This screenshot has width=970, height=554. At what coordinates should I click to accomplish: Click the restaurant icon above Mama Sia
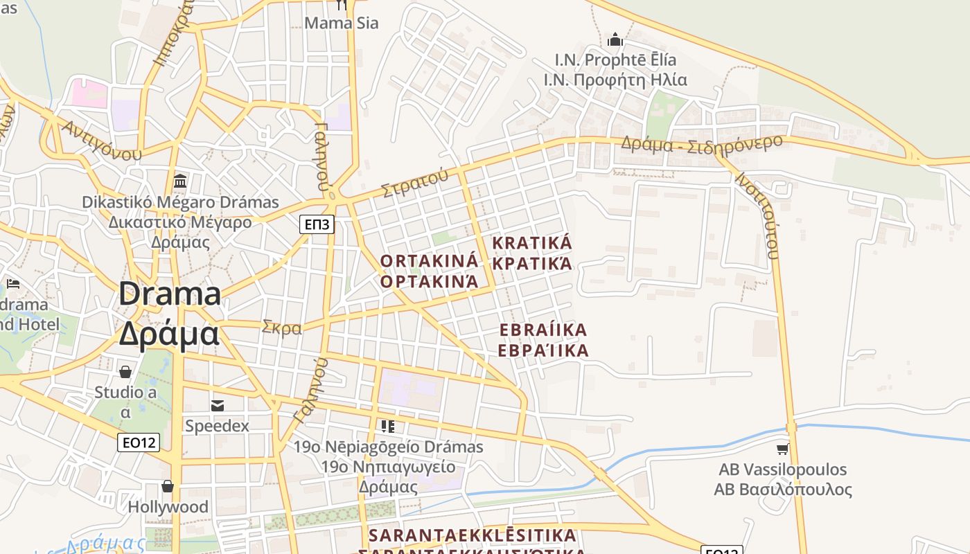(x=341, y=5)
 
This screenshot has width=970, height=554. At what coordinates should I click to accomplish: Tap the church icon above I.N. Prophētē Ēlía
(x=615, y=39)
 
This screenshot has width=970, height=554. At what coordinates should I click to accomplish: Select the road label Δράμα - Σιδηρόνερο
(x=701, y=143)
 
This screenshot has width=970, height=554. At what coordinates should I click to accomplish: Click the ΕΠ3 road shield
(x=317, y=224)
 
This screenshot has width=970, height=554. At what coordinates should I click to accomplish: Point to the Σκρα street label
(x=282, y=328)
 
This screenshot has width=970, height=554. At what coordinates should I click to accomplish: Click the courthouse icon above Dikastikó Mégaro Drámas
(x=181, y=181)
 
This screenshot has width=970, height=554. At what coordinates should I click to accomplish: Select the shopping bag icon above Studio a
(x=125, y=372)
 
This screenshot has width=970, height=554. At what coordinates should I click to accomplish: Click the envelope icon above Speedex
(x=218, y=405)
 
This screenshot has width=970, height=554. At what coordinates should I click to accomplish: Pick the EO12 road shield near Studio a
(x=139, y=443)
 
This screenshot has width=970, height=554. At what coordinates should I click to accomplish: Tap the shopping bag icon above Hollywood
(x=167, y=486)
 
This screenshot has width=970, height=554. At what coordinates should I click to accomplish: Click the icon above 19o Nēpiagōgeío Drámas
(x=388, y=426)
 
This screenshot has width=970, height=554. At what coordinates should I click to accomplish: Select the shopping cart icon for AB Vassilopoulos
(x=782, y=449)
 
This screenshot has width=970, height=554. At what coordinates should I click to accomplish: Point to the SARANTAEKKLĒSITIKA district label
(x=473, y=536)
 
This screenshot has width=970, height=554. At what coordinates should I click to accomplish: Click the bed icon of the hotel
(x=13, y=284)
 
